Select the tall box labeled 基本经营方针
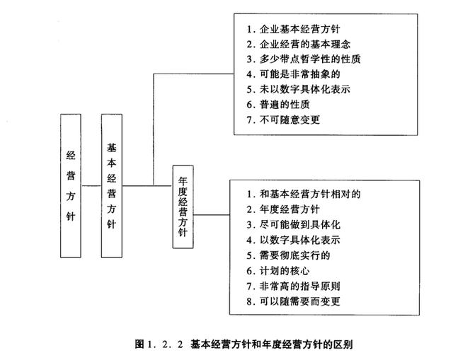[x=111, y=185]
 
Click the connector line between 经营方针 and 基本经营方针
[x=91, y=185]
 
